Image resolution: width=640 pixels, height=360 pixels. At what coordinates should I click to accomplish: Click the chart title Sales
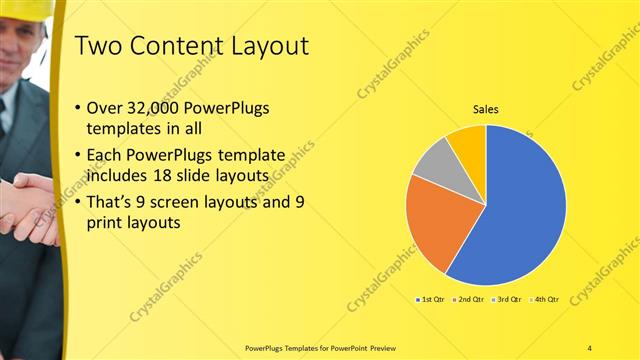[485, 109]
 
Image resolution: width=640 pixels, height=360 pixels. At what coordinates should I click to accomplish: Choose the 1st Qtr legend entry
[431, 299]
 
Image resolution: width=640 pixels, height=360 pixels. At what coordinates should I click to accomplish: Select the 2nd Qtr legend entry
[469, 299]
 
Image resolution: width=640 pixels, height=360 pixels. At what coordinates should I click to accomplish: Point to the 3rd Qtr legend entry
[507, 299]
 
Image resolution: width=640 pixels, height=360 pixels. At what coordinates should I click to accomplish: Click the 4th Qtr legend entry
[544, 299]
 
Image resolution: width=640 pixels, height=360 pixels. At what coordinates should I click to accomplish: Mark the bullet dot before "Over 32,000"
[79, 108]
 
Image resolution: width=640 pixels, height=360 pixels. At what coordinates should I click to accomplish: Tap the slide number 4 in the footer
[590, 348]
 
